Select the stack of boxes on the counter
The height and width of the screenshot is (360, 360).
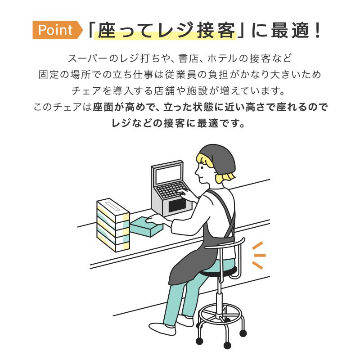113,225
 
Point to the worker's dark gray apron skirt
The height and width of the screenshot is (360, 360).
189,261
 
